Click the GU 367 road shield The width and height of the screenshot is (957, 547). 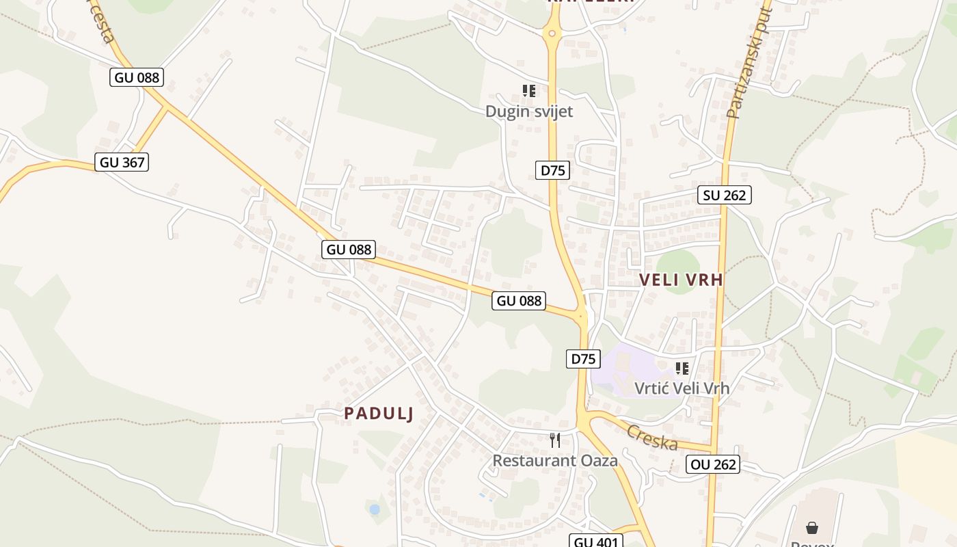122,162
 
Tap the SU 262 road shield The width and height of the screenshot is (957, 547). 725,195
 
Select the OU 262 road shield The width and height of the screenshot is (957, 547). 714,465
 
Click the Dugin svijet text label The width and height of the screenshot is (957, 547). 529,111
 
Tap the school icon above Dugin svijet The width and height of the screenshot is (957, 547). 528,91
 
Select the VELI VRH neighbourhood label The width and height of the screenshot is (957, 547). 681,280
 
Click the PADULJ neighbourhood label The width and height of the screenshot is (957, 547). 379,413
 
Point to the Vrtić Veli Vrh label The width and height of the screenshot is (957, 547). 682,388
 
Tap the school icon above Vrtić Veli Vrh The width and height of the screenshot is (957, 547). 682,369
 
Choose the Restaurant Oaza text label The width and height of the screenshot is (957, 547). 555,461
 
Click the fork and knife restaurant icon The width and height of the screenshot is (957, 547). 555,440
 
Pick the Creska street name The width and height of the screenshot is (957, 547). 652,438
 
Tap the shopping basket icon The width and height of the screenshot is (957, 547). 812,528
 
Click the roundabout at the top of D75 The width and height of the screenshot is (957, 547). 552,32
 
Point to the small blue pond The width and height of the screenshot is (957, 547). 374,509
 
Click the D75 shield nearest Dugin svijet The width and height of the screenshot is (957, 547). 552,170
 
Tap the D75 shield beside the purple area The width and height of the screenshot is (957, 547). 583,359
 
